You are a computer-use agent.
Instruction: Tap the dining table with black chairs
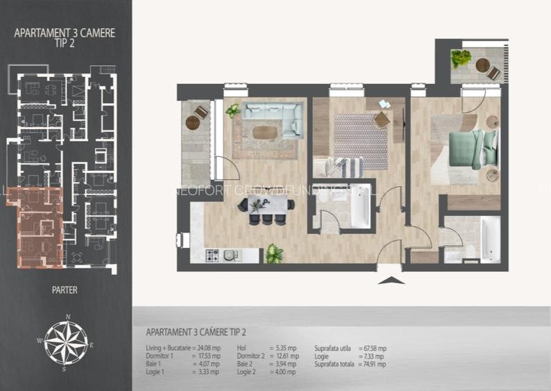pyautogui.click(x=267, y=205)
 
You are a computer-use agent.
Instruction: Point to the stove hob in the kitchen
pyautogui.click(x=212, y=256)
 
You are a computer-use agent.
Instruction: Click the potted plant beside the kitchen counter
pyautogui.click(x=274, y=254)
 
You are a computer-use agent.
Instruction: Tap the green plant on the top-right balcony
pyautogui.click(x=461, y=58)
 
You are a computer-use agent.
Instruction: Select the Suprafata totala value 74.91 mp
pyautogui.click(x=372, y=364)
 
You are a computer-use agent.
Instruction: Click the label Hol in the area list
pyautogui.click(x=241, y=348)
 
